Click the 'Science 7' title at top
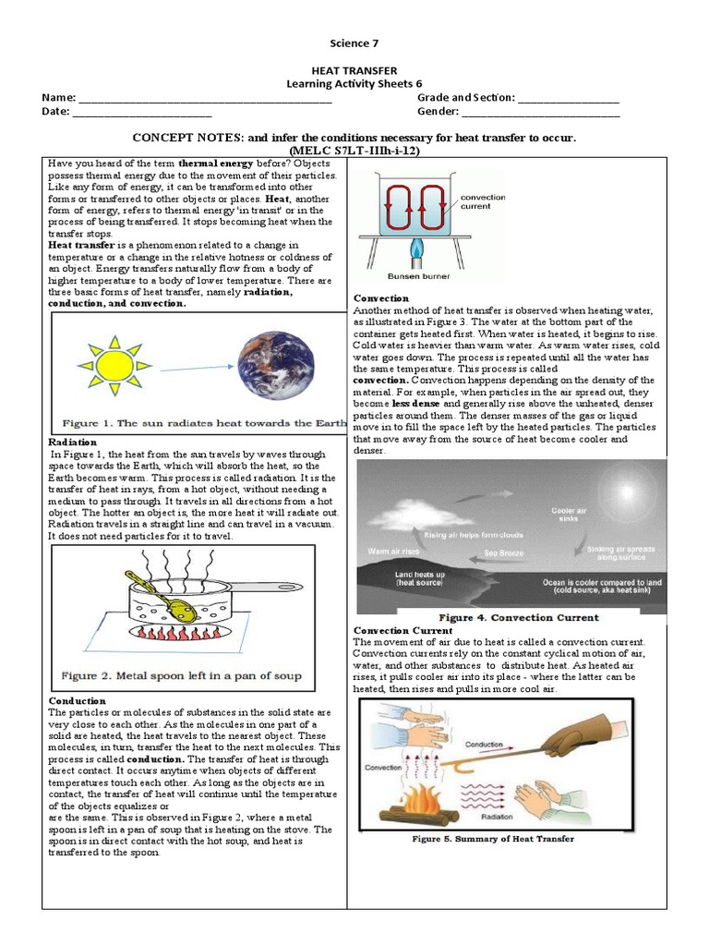tap(354, 43)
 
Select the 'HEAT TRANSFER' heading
tap(354, 70)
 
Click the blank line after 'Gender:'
tap(540, 112)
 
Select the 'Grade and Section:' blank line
tap(569, 98)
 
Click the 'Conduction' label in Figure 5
tap(484, 744)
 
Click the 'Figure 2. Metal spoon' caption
tap(182, 676)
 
